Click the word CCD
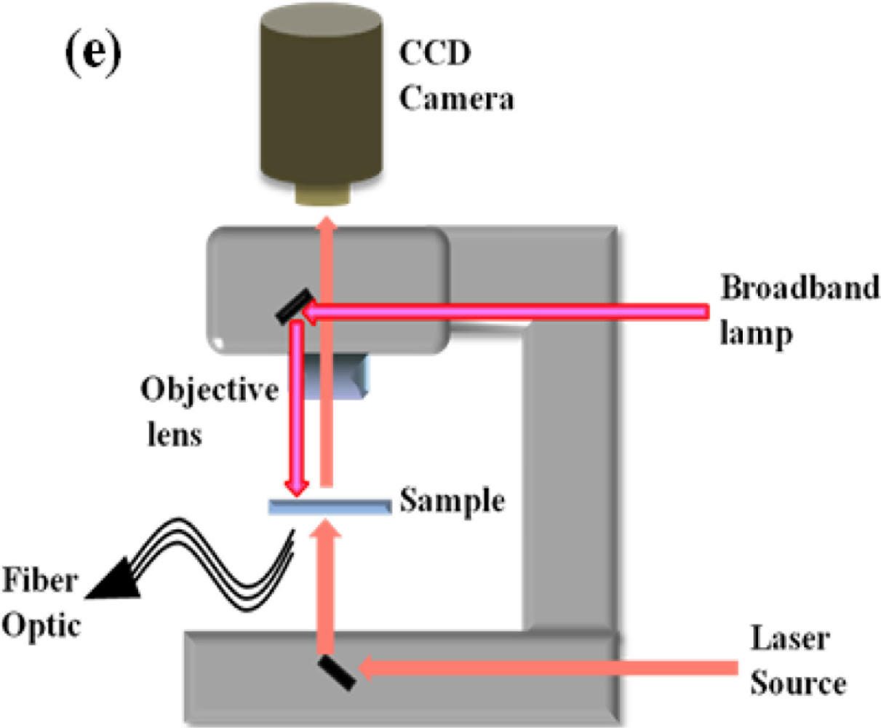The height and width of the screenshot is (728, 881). tap(435, 55)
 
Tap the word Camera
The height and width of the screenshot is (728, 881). tap(456, 98)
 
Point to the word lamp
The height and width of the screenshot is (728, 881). tap(755, 334)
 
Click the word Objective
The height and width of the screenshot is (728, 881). tap(210, 390)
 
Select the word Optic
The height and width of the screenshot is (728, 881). tap(41, 625)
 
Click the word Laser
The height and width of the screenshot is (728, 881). tap(790, 639)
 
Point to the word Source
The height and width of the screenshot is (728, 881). tap(798, 684)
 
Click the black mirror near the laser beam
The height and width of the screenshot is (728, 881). tap(337, 673)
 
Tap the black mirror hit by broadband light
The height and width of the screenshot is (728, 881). tap(294, 306)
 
